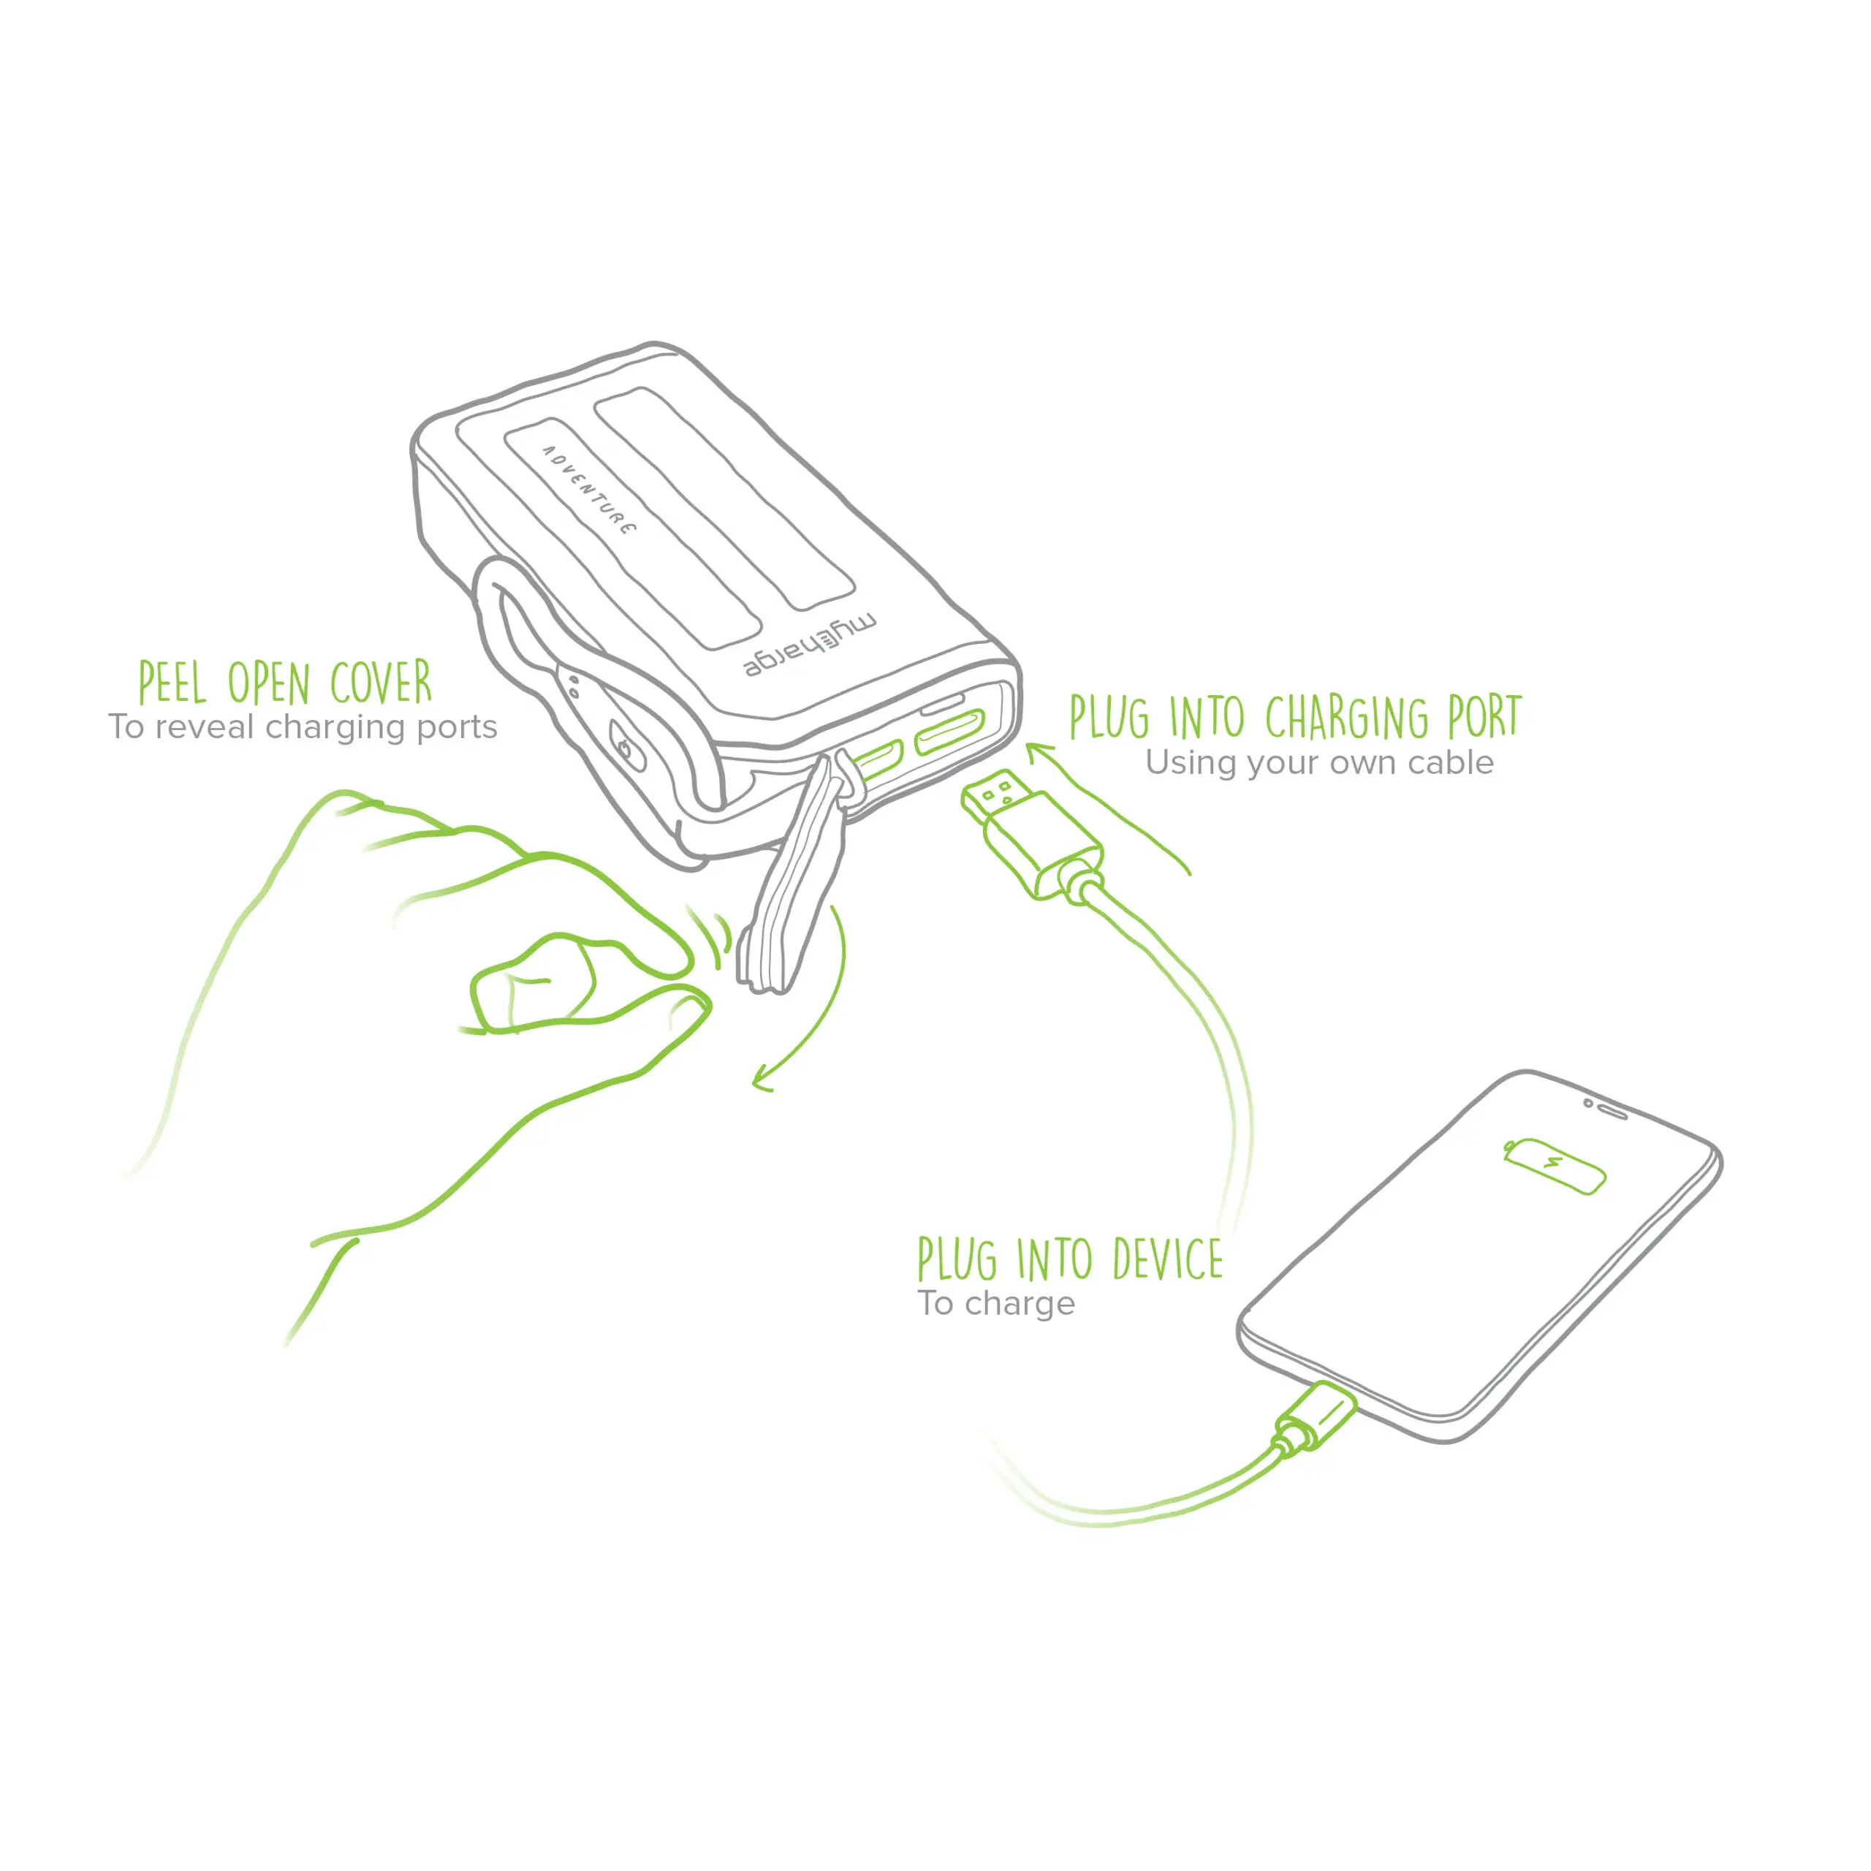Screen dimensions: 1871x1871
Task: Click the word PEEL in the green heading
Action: (172, 683)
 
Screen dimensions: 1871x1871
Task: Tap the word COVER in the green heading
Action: (381, 683)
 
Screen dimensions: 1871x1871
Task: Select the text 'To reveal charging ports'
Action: (302, 727)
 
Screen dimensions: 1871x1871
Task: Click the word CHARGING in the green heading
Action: (1346, 718)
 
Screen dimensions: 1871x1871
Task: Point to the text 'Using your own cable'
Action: (1319, 763)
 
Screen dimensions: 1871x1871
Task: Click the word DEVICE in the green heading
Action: (1167, 1260)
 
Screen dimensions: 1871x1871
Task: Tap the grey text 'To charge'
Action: (995, 1304)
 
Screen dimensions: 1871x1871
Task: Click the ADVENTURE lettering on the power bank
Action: (589, 491)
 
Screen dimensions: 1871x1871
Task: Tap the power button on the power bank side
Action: (626, 748)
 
